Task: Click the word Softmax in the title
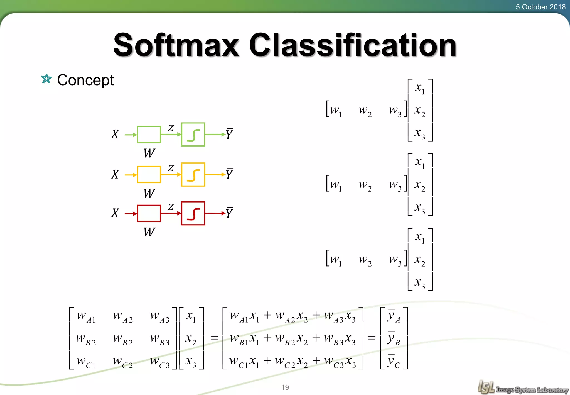click(176, 45)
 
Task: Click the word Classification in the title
click(353, 45)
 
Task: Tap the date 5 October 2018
click(540, 7)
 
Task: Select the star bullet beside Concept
click(46, 79)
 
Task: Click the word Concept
click(85, 80)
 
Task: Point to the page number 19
click(285, 387)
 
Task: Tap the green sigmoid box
click(193, 135)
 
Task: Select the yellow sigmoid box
click(193, 175)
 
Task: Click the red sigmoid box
click(193, 213)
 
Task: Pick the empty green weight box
click(149, 135)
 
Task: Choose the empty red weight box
click(149, 213)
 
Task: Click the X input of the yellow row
click(115, 175)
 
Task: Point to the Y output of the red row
click(229, 213)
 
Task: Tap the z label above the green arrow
click(171, 128)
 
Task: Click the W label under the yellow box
click(149, 193)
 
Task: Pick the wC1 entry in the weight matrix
click(86, 362)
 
